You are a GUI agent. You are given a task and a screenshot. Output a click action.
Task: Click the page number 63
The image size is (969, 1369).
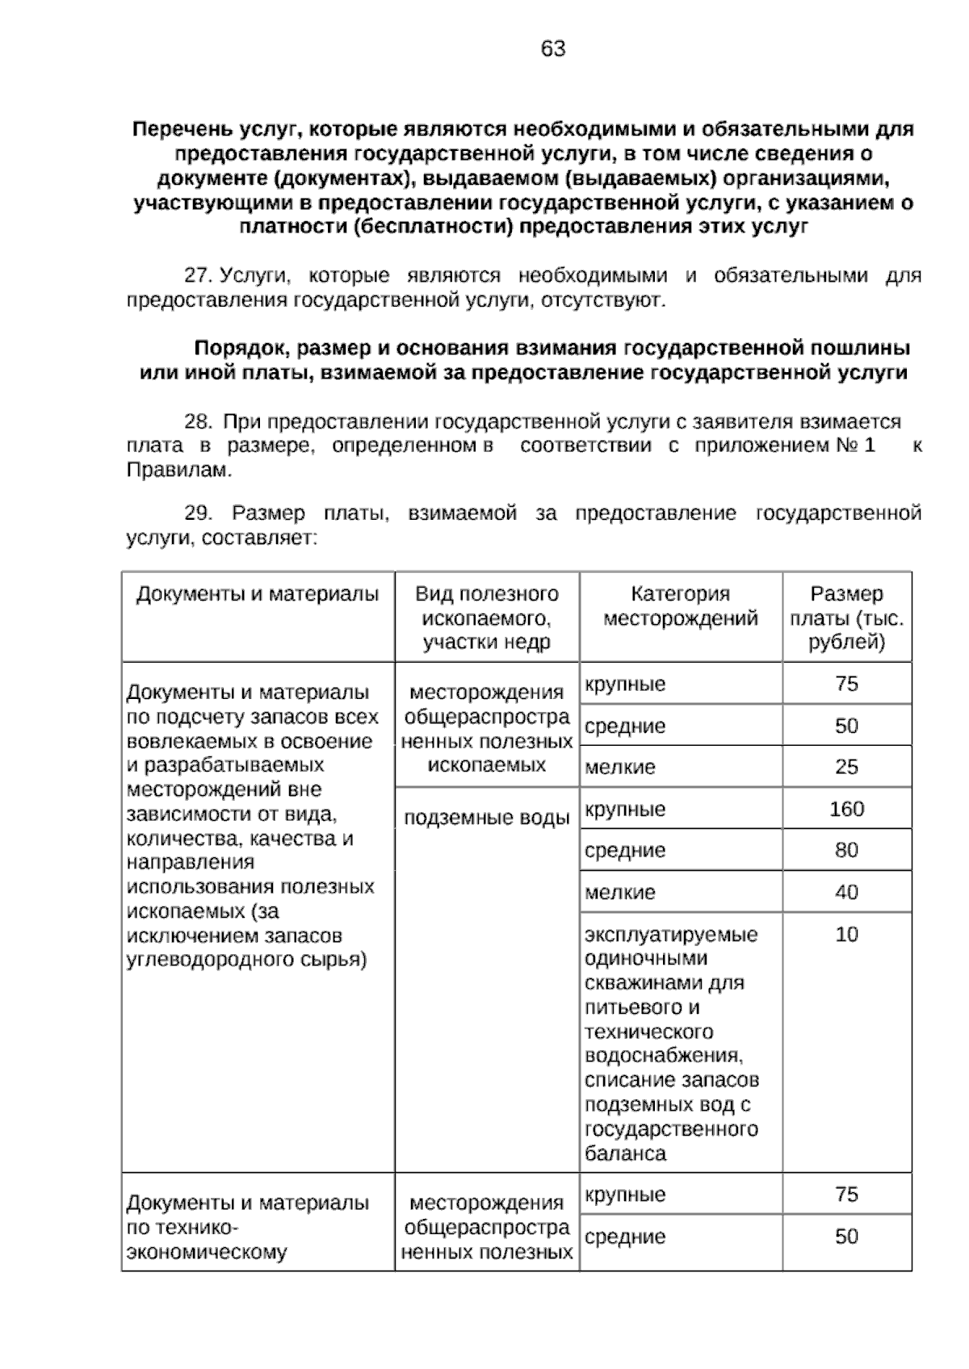(x=553, y=49)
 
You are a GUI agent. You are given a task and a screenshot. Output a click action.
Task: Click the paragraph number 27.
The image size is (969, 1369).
(x=196, y=276)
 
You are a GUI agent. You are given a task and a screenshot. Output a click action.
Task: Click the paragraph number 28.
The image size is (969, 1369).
(x=198, y=421)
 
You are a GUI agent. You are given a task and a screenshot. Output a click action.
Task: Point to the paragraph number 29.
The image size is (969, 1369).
(x=198, y=513)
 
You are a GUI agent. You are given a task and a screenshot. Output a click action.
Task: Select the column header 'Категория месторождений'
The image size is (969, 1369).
(x=680, y=606)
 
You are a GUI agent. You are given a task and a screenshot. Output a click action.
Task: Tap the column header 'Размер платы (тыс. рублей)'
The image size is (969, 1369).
(x=846, y=618)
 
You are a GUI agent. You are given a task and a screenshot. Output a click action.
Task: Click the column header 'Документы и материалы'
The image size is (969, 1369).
(x=258, y=595)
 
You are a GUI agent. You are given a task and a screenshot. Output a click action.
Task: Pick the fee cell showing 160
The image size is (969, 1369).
(x=846, y=809)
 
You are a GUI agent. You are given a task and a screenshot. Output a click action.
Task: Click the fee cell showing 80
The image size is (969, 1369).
(x=846, y=850)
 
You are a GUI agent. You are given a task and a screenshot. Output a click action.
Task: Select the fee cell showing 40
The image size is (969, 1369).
(x=846, y=892)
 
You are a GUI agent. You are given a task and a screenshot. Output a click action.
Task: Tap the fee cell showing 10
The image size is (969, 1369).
(x=846, y=935)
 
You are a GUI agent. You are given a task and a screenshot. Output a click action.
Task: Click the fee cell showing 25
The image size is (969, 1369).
(x=846, y=767)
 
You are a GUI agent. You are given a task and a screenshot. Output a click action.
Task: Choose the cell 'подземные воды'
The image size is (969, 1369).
(x=486, y=818)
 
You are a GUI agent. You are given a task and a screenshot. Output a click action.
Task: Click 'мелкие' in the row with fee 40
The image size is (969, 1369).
(x=620, y=893)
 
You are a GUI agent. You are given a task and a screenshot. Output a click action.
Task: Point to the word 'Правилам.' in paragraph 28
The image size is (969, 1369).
(x=178, y=471)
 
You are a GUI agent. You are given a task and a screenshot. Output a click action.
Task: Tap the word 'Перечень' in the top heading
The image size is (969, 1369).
(x=177, y=129)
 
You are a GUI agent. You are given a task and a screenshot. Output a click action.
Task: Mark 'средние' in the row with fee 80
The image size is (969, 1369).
(x=624, y=851)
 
